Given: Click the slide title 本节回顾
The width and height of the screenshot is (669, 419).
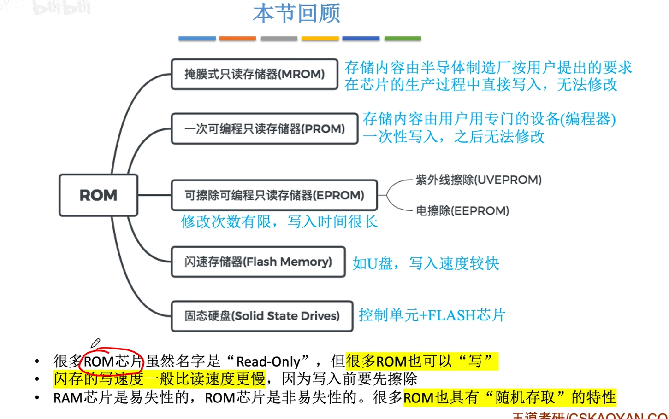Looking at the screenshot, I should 296,14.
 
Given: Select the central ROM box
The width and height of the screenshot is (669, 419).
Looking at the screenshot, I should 98,195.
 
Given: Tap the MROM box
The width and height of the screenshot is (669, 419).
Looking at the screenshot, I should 254,74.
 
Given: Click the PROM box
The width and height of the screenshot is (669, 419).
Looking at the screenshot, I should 264,129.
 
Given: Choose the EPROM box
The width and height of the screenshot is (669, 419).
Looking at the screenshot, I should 274,195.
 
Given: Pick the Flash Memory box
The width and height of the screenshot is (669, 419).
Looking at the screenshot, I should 258,262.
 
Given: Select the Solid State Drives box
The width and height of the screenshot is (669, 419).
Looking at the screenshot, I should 261,316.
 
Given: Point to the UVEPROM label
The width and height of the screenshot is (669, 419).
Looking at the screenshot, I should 478,180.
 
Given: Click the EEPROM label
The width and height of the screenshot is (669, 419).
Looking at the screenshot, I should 462,211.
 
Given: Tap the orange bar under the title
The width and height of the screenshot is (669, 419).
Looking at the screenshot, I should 237,39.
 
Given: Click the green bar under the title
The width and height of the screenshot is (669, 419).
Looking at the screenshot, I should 403,39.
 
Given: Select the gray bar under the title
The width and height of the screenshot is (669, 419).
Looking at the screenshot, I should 279,39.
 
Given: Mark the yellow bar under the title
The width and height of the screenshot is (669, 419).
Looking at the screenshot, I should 320,39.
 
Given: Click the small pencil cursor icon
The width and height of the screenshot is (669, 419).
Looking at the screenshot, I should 95,343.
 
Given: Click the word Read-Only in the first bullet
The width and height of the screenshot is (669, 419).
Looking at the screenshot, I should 268,362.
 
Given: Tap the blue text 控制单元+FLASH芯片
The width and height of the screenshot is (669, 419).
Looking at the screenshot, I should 432,315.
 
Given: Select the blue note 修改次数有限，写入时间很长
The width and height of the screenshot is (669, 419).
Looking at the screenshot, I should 279,222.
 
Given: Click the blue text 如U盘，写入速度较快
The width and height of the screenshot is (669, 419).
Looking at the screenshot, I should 426,263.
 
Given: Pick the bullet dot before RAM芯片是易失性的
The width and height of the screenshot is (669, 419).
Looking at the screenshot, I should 37,398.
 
